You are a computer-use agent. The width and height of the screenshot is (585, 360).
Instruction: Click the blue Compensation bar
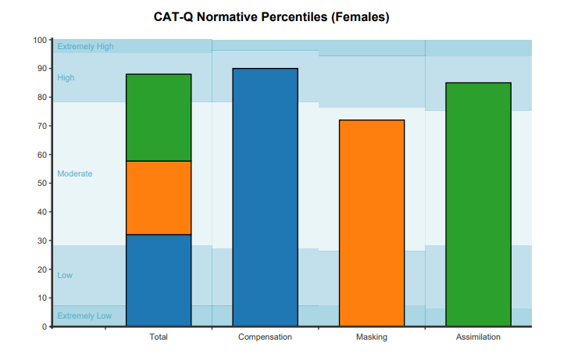coord(266,197)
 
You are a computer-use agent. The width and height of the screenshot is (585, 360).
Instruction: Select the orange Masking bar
coord(372,223)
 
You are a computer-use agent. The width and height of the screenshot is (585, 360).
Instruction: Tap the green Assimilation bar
coord(478,204)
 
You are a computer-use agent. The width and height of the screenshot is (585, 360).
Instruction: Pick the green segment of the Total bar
coord(159,117)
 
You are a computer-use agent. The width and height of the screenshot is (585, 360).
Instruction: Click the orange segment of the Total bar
coord(159,198)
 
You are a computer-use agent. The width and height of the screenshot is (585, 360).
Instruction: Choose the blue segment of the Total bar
coord(159,280)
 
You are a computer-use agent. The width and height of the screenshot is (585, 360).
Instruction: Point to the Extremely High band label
coord(85,47)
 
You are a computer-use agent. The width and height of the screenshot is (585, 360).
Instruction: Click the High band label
coord(66,78)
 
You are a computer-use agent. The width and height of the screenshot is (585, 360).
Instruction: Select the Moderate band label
coord(74,174)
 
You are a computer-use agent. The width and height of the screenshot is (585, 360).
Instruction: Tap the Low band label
coord(65,276)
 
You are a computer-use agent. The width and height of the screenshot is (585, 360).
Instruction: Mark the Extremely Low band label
coord(84,316)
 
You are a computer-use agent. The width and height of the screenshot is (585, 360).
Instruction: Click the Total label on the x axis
coord(159,337)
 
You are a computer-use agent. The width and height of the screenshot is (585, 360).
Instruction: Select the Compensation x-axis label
coord(265,337)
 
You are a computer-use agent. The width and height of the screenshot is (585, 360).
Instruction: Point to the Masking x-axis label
coord(372,337)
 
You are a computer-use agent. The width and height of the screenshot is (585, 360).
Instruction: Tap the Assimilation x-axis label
coord(478,337)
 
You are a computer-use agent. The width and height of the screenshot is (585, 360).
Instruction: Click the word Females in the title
coord(360,17)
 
